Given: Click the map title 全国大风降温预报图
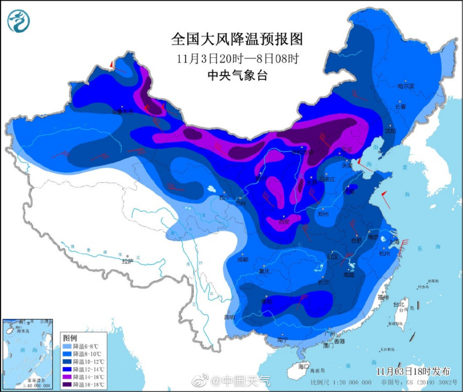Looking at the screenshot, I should [x=236, y=39].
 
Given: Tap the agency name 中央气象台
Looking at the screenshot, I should [x=236, y=75].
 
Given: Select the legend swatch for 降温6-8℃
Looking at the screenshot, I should [x=67, y=346].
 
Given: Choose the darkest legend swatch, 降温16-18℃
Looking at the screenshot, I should [x=67, y=385].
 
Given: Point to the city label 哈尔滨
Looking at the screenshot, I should [x=405, y=86].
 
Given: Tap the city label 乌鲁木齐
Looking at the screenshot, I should [x=123, y=112].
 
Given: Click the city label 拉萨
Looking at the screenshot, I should [x=128, y=261].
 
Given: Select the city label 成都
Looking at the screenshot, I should [x=242, y=260].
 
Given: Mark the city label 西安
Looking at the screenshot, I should [x=283, y=222].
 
